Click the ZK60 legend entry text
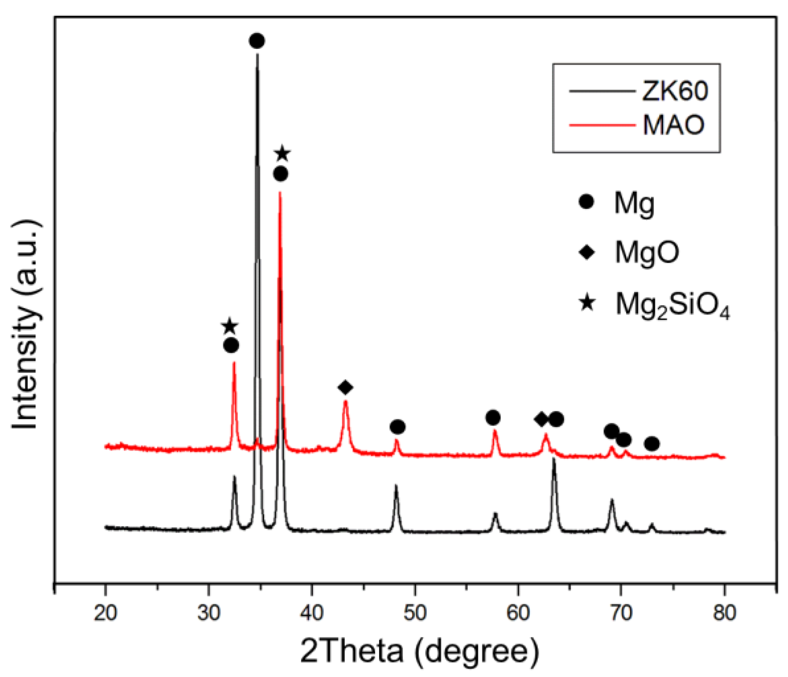[675, 91]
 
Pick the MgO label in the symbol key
[647, 253]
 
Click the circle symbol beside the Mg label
[586, 201]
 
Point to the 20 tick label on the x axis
[106, 612]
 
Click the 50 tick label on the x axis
[415, 612]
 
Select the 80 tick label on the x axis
[724, 612]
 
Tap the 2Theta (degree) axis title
[420, 651]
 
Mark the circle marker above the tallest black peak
[257, 41]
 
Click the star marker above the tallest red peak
[282, 154]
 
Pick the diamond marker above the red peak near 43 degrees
[346, 387]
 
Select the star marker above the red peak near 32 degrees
[230, 326]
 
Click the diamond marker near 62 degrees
[541, 419]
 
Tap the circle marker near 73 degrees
[652, 444]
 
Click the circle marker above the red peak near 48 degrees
[398, 427]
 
